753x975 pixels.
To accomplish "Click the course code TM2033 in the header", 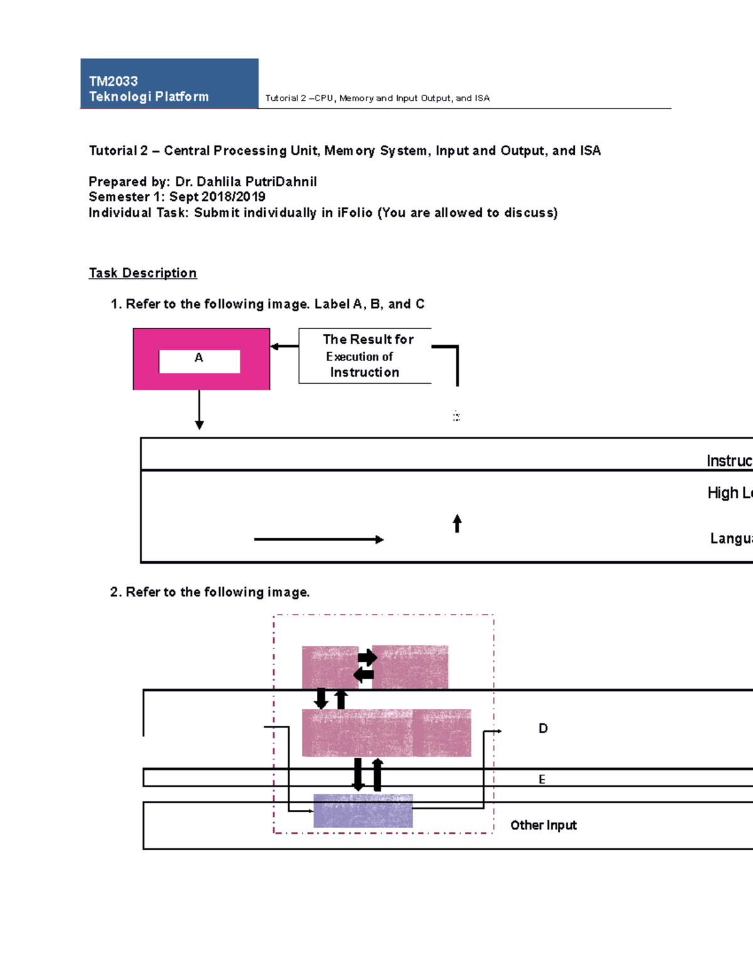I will pyautogui.click(x=113, y=81).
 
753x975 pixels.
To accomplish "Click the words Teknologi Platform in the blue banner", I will pyautogui.click(x=149, y=97).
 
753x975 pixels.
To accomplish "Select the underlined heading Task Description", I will pyautogui.click(x=142, y=273).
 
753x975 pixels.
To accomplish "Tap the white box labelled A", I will pyautogui.click(x=199, y=361).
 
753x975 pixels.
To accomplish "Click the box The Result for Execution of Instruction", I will pyautogui.click(x=365, y=355).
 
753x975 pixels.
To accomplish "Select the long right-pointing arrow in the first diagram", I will pyautogui.click(x=319, y=539).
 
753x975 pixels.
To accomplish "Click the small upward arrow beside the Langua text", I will pyautogui.click(x=457, y=524).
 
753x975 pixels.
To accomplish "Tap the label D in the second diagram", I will pyautogui.click(x=543, y=728).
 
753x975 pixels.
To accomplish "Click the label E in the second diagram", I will pyautogui.click(x=542, y=779).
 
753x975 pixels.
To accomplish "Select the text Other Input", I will pyautogui.click(x=543, y=825).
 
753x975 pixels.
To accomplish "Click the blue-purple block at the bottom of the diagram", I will pyautogui.click(x=363, y=811).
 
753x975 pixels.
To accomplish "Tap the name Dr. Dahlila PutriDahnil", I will pyautogui.click(x=246, y=181).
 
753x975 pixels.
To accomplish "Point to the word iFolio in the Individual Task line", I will pyautogui.click(x=355, y=213).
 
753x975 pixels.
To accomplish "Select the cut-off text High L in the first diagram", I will pyautogui.click(x=729, y=493).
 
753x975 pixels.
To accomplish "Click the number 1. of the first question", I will pyautogui.click(x=115, y=304).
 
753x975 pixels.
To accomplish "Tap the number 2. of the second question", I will pyautogui.click(x=115, y=592).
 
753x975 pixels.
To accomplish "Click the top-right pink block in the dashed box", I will pyautogui.click(x=410, y=667).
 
